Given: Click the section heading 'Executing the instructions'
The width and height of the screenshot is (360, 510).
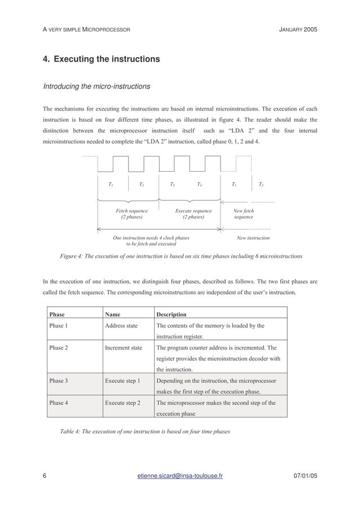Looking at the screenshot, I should pyautogui.click(x=102, y=59).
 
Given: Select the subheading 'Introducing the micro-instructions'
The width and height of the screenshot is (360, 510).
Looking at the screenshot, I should pyautogui.click(x=96, y=86).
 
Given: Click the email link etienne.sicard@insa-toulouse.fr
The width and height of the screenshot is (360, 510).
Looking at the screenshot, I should pyautogui.click(x=180, y=476).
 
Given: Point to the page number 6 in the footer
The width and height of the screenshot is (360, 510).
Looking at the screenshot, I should pyautogui.click(x=45, y=476).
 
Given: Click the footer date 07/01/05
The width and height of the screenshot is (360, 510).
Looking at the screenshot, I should pyautogui.click(x=305, y=476).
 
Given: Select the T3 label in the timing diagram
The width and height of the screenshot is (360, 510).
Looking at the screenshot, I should pyautogui.click(x=172, y=185).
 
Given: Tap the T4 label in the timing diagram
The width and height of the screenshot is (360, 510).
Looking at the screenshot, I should pyautogui.click(x=199, y=185).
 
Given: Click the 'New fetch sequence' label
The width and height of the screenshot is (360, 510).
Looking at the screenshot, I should pyautogui.click(x=244, y=213).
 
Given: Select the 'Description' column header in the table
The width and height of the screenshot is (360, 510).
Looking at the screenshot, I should pyautogui.click(x=171, y=314).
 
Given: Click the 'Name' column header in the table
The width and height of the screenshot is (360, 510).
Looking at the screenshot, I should pyautogui.click(x=112, y=314).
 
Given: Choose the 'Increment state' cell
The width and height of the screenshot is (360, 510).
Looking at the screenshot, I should pyautogui.click(x=124, y=348).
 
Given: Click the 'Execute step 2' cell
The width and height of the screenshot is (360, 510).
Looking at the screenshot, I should pyautogui.click(x=122, y=403).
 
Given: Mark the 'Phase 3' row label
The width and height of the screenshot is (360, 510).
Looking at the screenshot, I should pyautogui.click(x=59, y=381).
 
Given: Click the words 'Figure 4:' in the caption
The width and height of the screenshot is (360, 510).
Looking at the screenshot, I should pyautogui.click(x=72, y=256).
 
